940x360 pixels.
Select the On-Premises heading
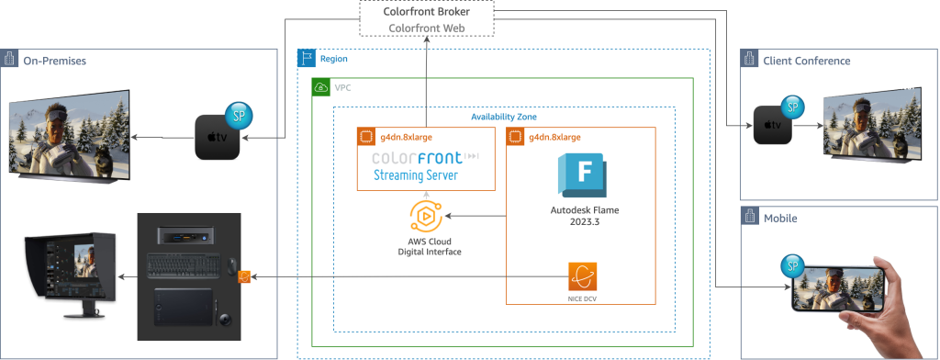[x=54, y=61]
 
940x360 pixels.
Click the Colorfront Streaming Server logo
[x=427, y=165]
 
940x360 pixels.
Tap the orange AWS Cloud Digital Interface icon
[x=426, y=217]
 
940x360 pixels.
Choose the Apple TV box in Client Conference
[x=772, y=126]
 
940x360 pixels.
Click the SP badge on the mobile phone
[x=789, y=267]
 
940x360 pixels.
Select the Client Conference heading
[x=806, y=61]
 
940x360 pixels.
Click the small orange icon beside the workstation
[x=245, y=276]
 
